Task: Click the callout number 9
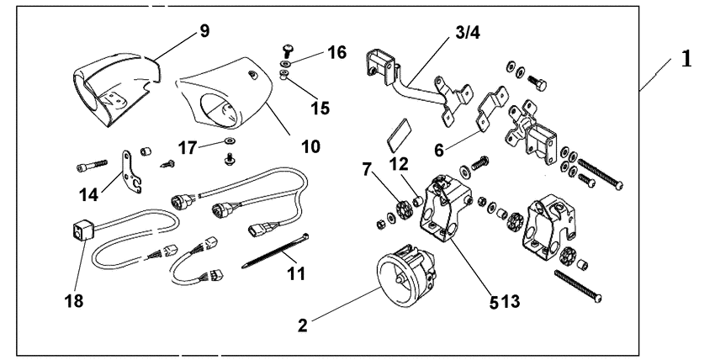tap(204, 31)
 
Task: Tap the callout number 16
tap(336, 52)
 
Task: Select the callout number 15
tap(319, 109)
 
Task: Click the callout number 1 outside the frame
tap(688, 60)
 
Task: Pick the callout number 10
tap(310, 146)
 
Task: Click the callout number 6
tap(439, 150)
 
